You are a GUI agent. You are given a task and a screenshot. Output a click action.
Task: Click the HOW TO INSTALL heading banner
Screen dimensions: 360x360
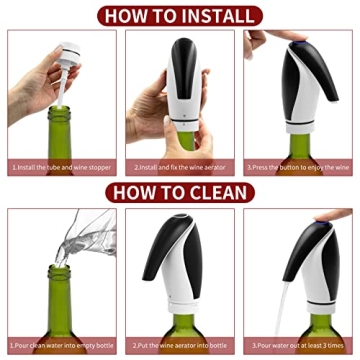[x=180, y=14]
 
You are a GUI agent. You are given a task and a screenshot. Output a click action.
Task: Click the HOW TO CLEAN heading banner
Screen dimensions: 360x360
[x=180, y=193]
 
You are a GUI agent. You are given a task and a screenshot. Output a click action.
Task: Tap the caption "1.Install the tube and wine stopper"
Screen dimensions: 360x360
[x=61, y=168]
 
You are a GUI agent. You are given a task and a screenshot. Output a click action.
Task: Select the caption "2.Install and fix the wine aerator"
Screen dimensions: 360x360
[x=180, y=168]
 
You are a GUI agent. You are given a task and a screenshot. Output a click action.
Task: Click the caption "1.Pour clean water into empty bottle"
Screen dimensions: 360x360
[x=61, y=346]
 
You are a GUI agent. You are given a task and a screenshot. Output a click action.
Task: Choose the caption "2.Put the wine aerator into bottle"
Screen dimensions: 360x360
[x=180, y=346]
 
